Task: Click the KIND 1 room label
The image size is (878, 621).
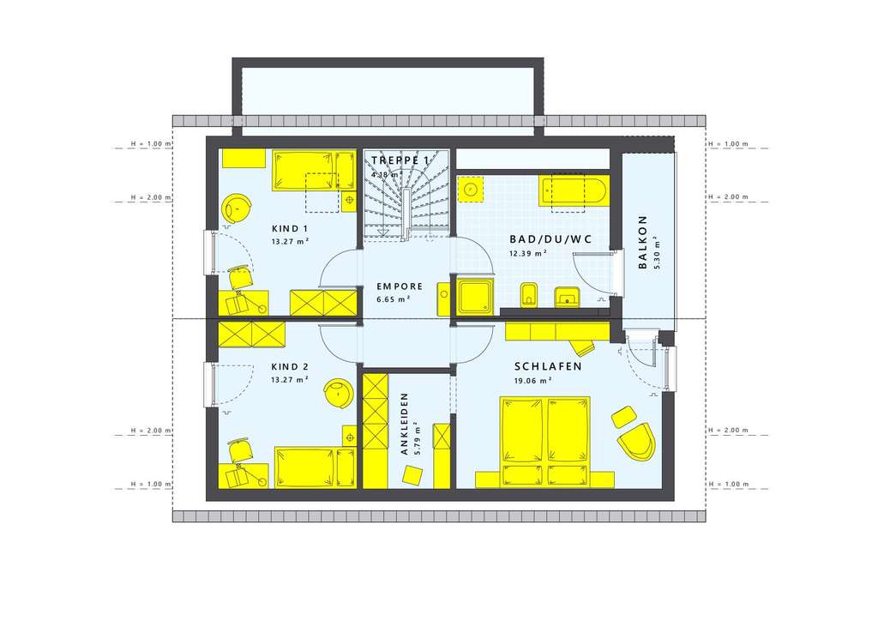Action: coord(290,229)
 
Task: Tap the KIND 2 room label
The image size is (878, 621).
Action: coord(290,367)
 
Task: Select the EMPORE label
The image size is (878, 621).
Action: coord(399,286)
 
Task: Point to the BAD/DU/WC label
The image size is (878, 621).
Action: coord(538,239)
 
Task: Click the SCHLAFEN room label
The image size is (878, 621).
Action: coord(549,366)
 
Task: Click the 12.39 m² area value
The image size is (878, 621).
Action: coord(529,253)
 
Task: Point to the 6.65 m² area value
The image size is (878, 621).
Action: coord(393,299)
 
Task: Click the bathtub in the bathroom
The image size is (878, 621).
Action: coord(573,191)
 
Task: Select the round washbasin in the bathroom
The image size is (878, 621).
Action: coord(471,189)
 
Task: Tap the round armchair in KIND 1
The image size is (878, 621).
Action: coord(238,208)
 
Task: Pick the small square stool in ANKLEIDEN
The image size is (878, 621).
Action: coord(414,474)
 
